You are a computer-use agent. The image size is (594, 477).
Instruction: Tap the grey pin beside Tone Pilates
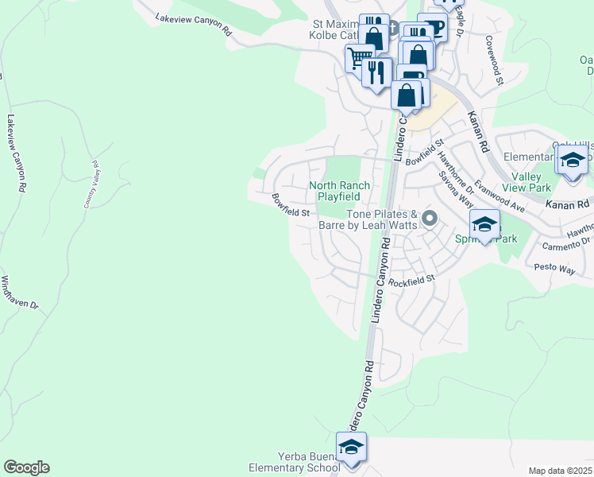430,217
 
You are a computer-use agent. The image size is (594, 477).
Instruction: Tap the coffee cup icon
433,26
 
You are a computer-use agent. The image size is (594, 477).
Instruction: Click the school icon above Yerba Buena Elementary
351,446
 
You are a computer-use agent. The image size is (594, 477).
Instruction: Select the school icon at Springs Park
484,223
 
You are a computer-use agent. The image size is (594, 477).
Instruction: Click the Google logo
26,467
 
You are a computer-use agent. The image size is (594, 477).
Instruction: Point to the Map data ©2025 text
561,471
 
